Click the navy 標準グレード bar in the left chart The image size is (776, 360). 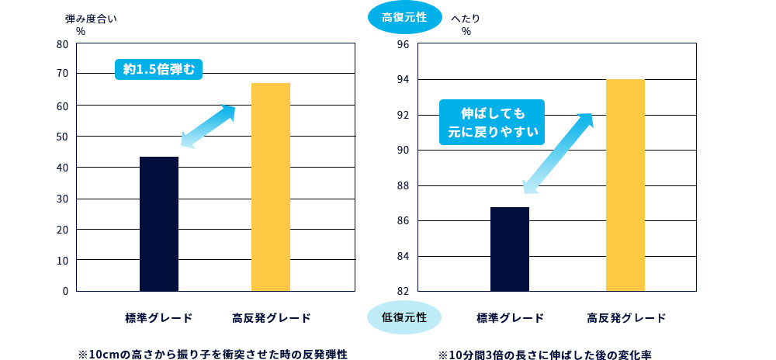pos(159,224)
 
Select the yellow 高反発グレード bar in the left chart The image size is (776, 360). pos(271,187)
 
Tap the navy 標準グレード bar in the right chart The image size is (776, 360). pos(510,249)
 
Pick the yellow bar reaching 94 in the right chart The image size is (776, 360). pos(625,185)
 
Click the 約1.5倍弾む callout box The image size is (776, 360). pos(159,69)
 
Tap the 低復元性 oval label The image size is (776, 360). pos(404,317)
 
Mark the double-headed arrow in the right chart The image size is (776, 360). pos(557,153)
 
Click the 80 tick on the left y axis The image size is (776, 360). pos(63,44)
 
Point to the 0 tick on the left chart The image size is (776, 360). pos(65,291)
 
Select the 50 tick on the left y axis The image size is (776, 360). pos(63,137)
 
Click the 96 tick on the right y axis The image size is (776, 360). pos(404,44)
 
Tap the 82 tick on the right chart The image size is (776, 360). pos(404,291)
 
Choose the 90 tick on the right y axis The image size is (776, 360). pos(404,151)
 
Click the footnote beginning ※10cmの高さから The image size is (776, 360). pos(212,354)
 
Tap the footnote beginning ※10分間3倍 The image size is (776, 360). pos(554,354)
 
